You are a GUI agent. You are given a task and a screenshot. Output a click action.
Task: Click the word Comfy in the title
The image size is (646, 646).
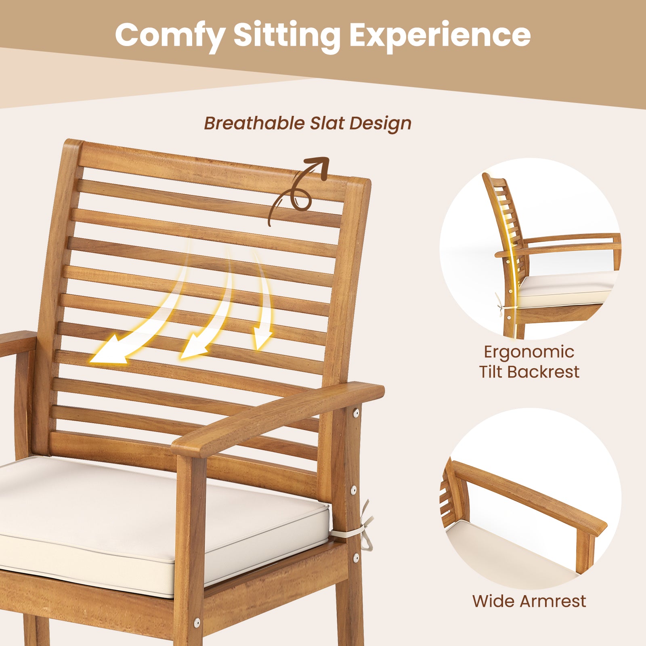pyautogui.click(x=170, y=36)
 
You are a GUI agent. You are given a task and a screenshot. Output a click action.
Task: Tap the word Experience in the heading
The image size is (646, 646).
pyautogui.click(x=440, y=36)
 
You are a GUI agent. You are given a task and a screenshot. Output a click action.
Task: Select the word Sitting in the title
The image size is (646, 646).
pyautogui.click(x=287, y=36)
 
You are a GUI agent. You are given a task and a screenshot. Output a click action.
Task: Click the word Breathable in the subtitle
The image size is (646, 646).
pyautogui.click(x=254, y=123)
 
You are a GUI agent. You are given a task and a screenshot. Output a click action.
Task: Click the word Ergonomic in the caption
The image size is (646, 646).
pyautogui.click(x=529, y=352)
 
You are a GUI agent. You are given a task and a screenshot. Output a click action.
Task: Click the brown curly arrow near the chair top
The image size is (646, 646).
pyautogui.click(x=301, y=190)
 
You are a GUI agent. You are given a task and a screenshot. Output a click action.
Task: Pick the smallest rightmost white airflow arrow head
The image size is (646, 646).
pyautogui.click(x=262, y=341)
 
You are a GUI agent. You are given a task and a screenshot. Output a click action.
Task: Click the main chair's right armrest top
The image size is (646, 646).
pyautogui.click(x=279, y=420)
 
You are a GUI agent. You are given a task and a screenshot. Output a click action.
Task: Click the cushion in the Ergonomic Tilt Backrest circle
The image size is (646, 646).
pyautogui.click(x=565, y=289)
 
